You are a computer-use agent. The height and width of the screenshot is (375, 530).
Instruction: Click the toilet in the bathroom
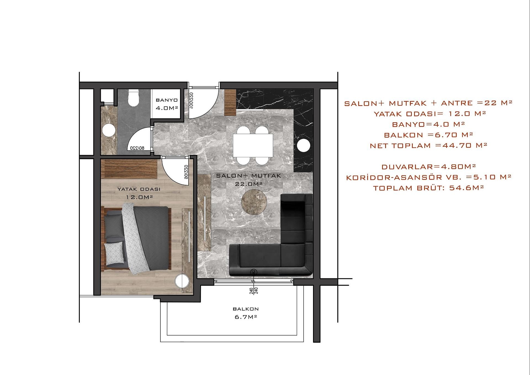tap(134, 98)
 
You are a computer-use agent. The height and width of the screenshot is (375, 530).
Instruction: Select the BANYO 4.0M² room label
tap(167, 104)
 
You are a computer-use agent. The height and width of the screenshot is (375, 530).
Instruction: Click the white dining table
tap(253, 145)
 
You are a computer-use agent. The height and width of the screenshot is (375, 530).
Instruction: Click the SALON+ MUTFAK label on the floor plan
tap(248, 176)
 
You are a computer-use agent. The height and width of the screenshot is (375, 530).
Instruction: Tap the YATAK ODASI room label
tap(139, 189)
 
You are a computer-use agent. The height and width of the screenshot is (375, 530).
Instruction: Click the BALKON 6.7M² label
tap(246, 313)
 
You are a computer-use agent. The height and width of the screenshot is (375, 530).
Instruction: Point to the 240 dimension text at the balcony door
tap(254, 291)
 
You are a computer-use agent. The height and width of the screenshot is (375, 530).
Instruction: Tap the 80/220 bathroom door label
tap(137, 148)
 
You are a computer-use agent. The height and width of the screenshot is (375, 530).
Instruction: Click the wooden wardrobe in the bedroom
tap(129, 169)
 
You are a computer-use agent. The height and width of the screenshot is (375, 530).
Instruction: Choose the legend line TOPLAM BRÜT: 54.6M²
tap(428, 188)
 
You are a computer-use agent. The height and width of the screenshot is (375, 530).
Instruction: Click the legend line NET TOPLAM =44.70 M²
tap(428, 145)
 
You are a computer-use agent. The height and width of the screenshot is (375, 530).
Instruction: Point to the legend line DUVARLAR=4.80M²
tap(428, 167)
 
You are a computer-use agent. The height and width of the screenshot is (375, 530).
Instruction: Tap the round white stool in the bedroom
tap(182, 281)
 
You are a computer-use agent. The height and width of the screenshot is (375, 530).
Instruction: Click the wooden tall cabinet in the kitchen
tap(230, 102)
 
